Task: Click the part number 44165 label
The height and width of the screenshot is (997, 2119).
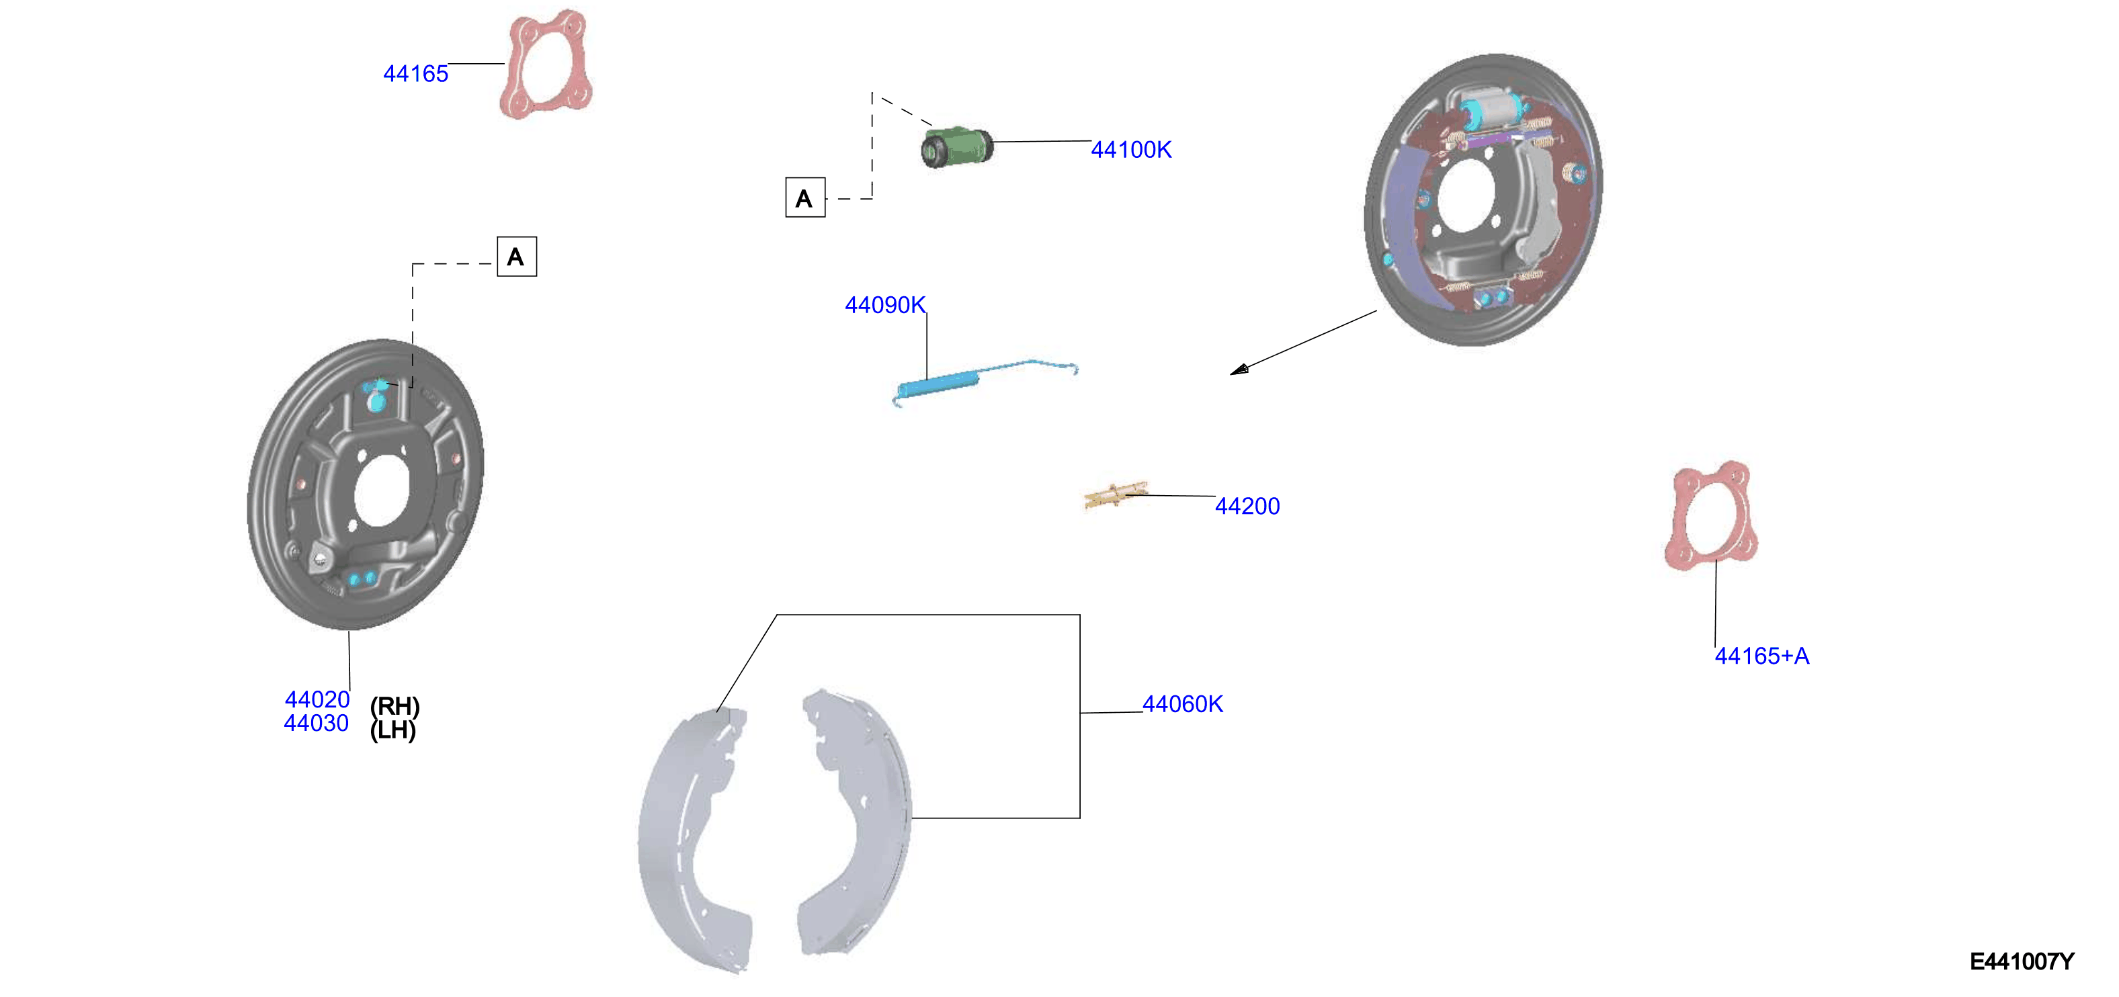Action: click(415, 74)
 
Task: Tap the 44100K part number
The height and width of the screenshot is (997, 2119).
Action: click(1131, 150)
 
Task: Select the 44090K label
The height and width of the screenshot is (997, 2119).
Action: click(885, 305)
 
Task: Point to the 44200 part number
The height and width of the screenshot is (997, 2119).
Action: click(1247, 506)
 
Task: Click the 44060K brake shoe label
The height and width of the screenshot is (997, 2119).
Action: click(1182, 704)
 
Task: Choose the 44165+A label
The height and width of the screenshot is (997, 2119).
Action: click(1762, 656)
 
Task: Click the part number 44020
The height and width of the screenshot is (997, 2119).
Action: click(317, 699)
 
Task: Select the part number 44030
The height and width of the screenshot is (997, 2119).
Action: click(317, 723)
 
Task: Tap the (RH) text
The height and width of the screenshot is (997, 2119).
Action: click(395, 706)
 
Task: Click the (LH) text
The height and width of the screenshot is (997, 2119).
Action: click(393, 730)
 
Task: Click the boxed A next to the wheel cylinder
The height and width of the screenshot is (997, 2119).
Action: click(805, 198)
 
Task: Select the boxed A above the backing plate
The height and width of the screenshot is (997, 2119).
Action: click(517, 257)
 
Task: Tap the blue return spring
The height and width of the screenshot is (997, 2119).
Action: click(984, 382)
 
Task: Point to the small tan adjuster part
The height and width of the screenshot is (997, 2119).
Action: click(1116, 495)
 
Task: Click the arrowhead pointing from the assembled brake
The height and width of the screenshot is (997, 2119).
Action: click(1239, 370)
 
